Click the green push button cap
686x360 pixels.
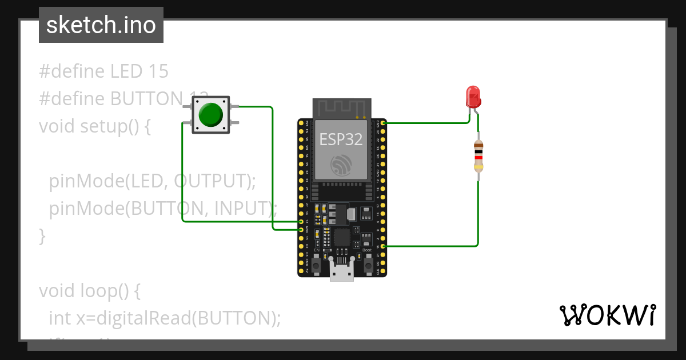tap(210, 115)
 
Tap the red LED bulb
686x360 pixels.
tap(473, 97)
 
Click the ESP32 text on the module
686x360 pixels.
tap(341, 139)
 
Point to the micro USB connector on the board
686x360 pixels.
tap(342, 273)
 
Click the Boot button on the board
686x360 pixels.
tap(368, 265)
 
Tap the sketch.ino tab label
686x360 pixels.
tap(101, 25)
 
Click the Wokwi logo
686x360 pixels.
tap(607, 315)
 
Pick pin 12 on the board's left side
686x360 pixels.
tap(301, 222)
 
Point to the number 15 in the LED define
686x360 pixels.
tap(158, 71)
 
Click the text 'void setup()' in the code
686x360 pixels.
tap(94, 126)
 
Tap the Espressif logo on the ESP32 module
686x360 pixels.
tap(342, 166)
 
